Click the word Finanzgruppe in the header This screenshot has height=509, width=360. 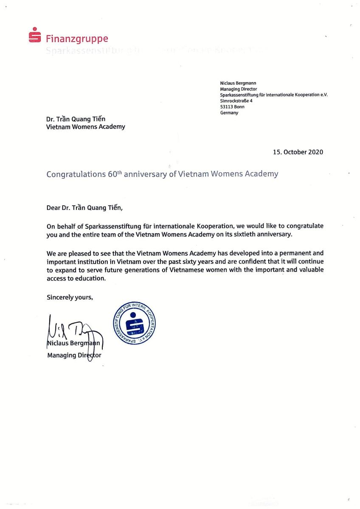[77, 39]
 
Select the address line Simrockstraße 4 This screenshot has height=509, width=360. [236, 101]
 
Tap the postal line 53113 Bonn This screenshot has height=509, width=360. [232, 107]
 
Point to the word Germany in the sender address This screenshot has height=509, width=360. [229, 113]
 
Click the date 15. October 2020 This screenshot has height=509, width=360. [298, 152]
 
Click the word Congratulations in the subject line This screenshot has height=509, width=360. [76, 174]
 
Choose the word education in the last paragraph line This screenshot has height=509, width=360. [92, 279]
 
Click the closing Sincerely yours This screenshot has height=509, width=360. [70, 297]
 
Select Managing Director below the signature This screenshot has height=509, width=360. [74, 355]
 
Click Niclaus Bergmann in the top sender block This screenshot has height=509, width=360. [238, 83]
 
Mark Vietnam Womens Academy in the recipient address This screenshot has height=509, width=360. [86, 126]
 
